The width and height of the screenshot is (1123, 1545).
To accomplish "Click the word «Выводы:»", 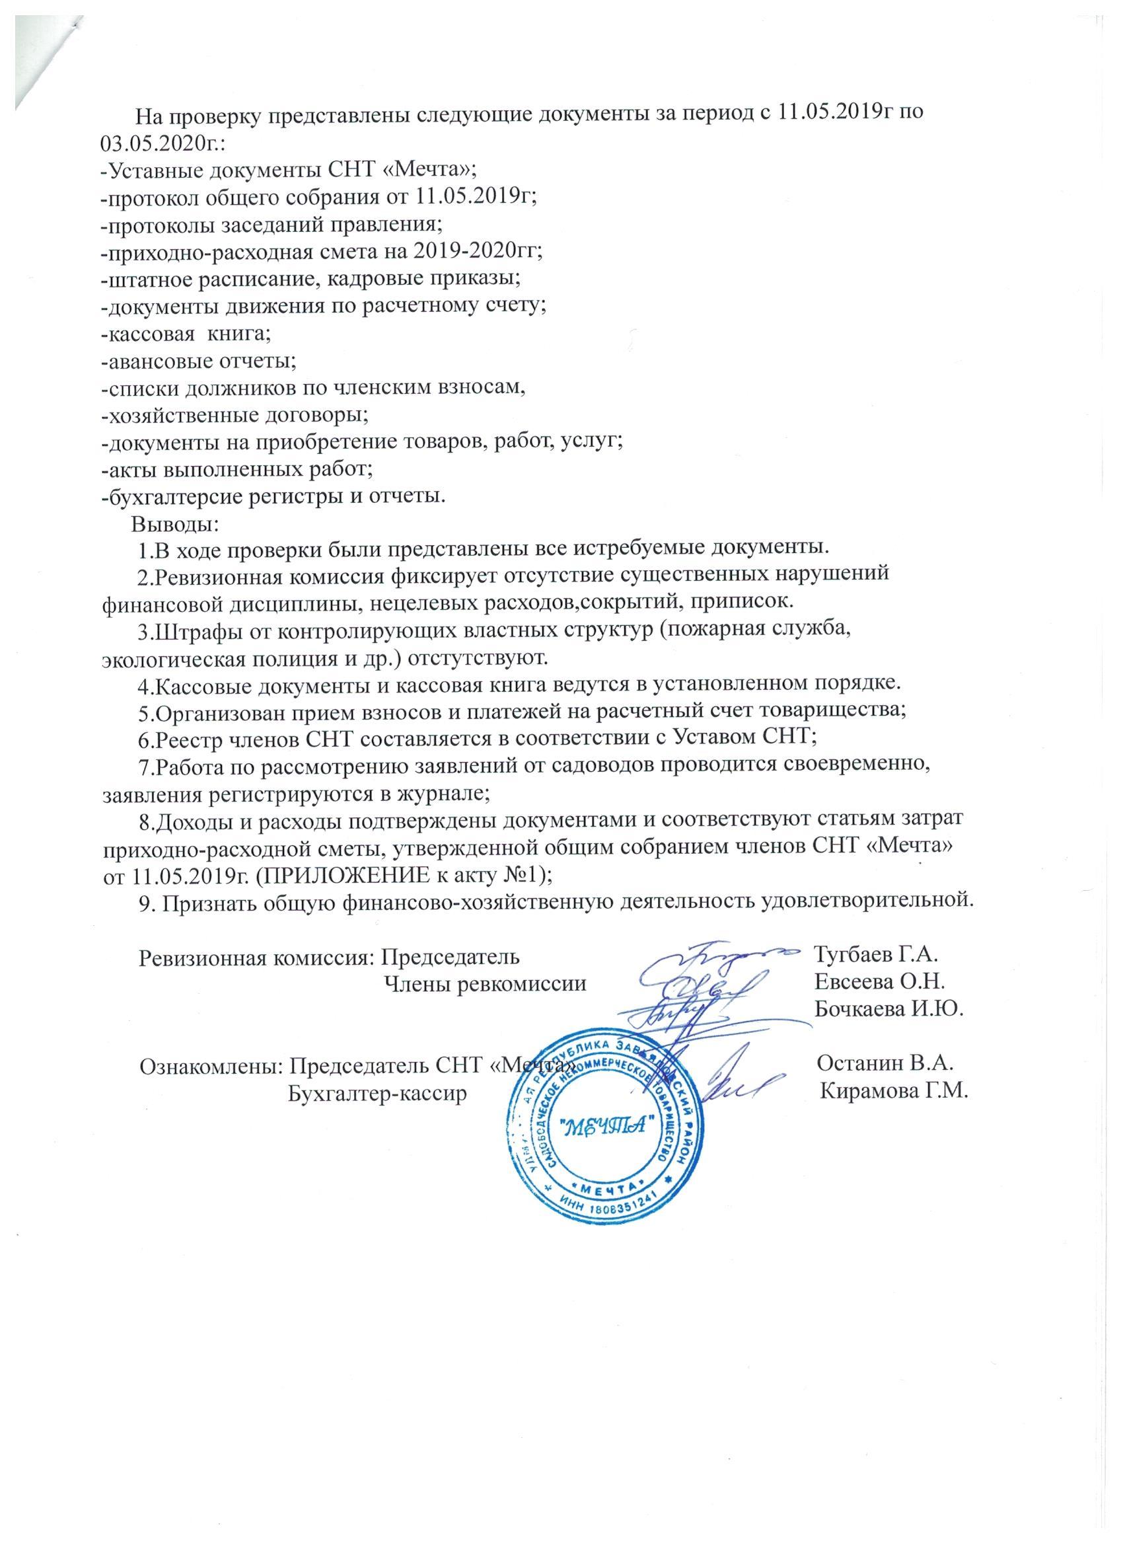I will pyautogui.click(x=175, y=525).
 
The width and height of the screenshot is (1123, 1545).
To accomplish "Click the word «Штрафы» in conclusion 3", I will pyautogui.click(x=196, y=632).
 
